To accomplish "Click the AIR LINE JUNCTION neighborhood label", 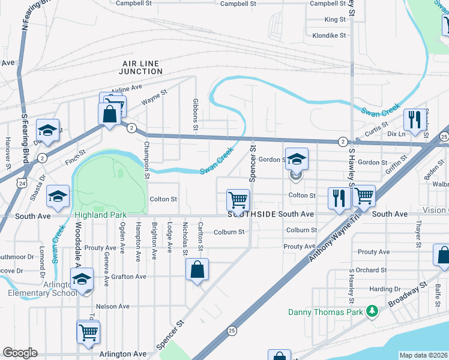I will [142, 67].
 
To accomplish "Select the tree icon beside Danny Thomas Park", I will [372, 311].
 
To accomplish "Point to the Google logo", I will [20, 352].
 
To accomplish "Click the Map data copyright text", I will [424, 355].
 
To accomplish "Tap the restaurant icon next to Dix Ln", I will [414, 120].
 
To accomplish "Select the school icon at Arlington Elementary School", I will [82, 279].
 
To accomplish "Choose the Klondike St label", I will [329, 35].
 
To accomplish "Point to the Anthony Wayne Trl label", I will [329, 238].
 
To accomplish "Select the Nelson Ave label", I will [113, 306].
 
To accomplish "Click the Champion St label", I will [146, 160].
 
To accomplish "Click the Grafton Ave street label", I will [128, 277].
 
